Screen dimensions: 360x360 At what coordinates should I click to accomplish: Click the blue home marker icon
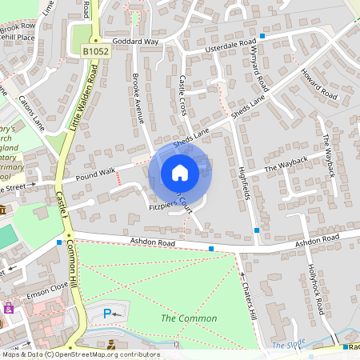[x=180, y=173]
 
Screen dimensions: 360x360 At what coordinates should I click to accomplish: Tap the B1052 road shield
[x=94, y=51]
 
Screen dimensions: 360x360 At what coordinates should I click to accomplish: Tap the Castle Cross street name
[x=183, y=94]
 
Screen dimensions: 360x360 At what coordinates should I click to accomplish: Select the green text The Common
[x=189, y=318]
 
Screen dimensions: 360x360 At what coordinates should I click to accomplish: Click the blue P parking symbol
[x=108, y=314]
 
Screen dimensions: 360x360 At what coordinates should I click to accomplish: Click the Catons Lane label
[x=31, y=113]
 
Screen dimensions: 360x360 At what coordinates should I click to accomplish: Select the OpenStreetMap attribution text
[x=80, y=354]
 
